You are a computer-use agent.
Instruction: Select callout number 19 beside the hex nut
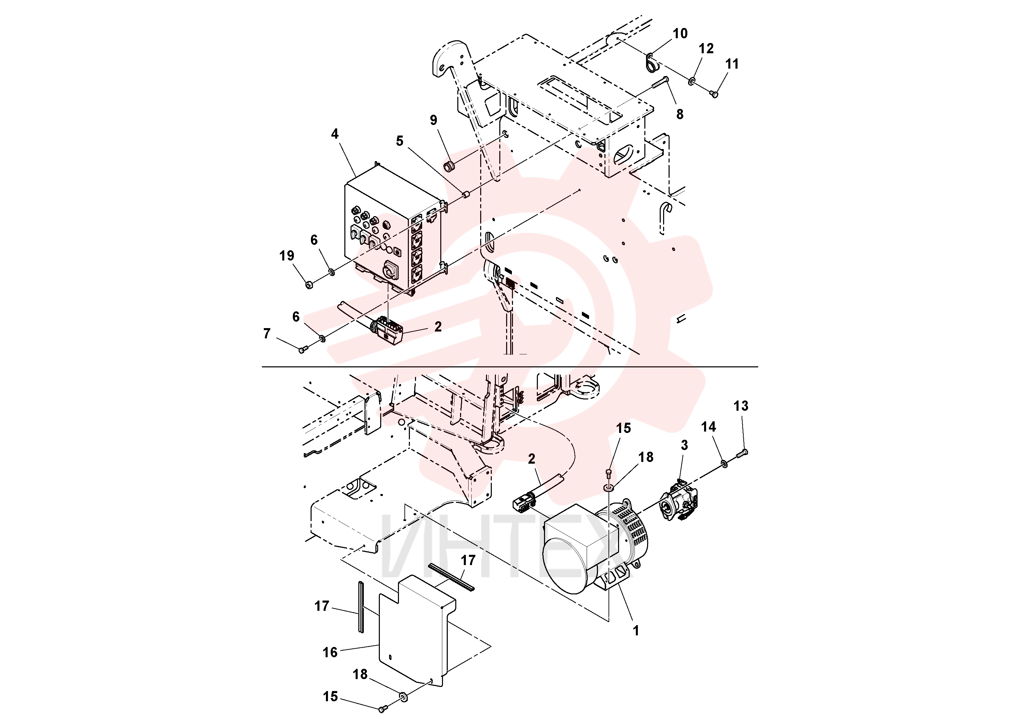(x=287, y=255)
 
